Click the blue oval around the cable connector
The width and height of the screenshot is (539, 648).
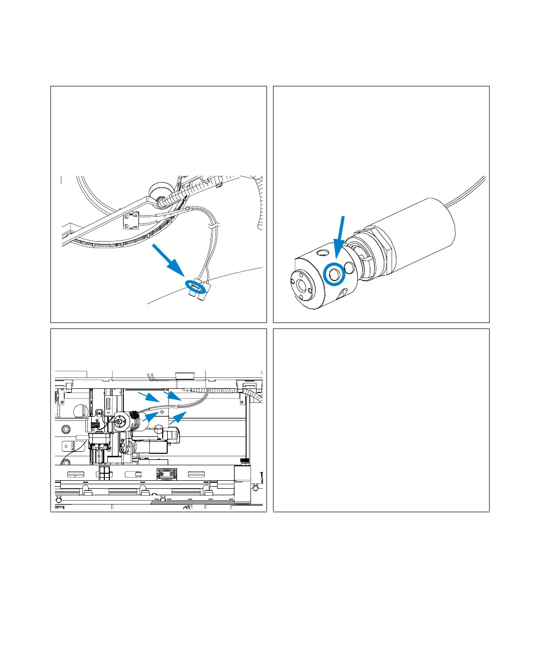[x=196, y=287]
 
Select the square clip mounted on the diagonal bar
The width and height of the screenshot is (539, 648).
[x=131, y=220]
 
